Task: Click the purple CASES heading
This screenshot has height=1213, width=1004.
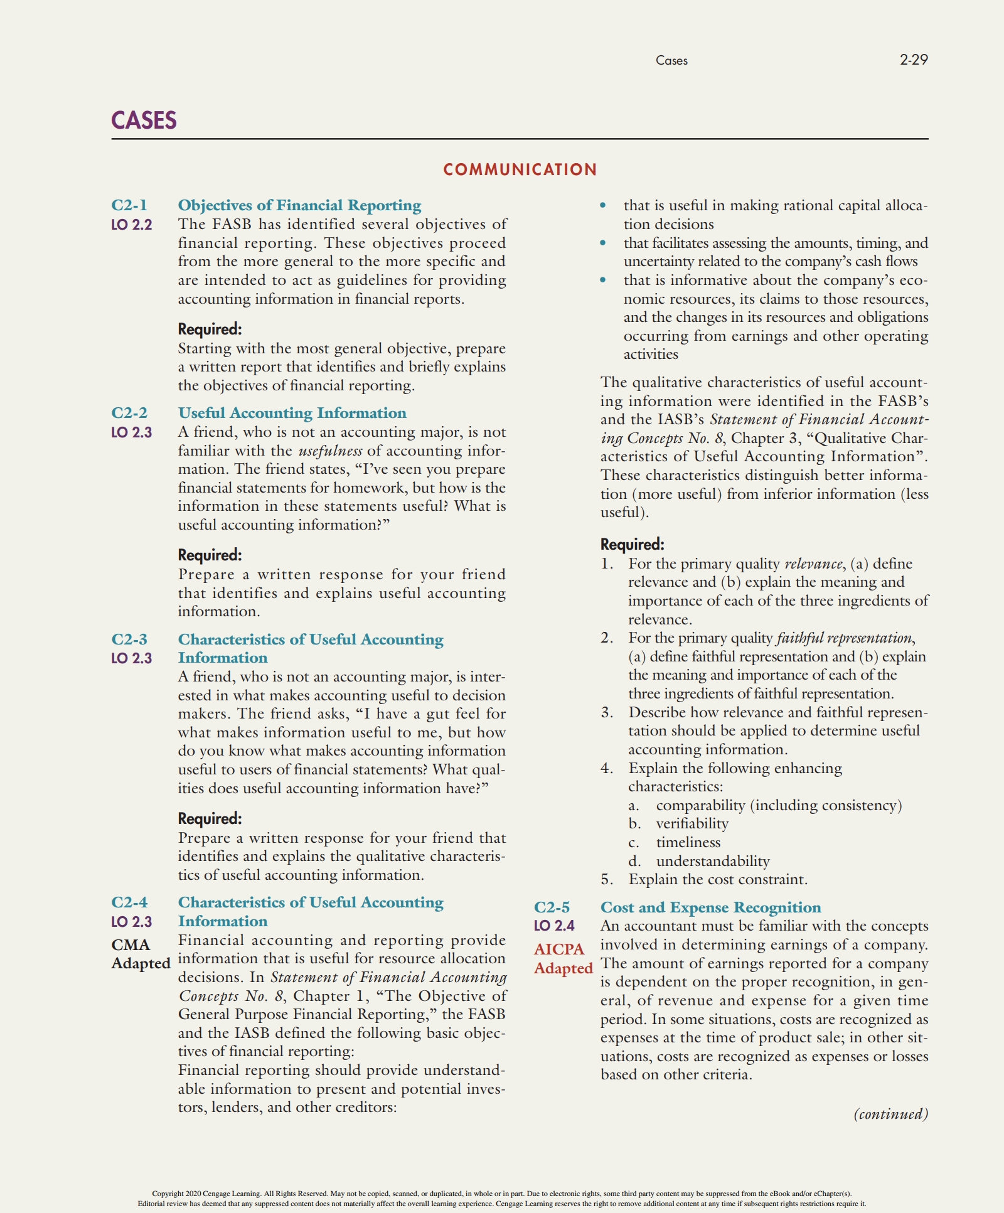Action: [144, 120]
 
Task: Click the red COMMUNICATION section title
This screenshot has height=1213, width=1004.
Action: [520, 169]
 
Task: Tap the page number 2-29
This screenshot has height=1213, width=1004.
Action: [913, 60]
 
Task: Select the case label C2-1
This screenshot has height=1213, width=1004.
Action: [129, 205]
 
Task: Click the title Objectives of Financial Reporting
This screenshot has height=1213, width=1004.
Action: [299, 205]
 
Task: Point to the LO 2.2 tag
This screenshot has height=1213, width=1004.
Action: [131, 225]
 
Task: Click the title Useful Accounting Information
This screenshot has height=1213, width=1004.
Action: [292, 413]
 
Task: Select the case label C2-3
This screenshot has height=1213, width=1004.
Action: [129, 639]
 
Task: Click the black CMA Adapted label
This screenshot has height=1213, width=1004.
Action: [140, 954]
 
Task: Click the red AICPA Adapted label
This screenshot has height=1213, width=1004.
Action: [563, 958]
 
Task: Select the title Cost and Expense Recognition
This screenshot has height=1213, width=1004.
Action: [710, 907]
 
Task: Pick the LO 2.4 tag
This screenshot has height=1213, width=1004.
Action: [554, 926]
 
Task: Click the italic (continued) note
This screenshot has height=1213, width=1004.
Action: [890, 1114]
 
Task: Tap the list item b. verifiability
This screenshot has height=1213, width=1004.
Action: [692, 823]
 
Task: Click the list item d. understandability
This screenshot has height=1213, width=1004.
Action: [712, 861]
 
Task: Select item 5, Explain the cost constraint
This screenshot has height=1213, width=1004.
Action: [717, 879]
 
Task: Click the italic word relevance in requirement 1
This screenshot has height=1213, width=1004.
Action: [813, 564]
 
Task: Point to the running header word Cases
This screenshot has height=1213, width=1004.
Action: [671, 61]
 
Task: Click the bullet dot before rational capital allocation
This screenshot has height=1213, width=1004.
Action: [603, 205]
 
